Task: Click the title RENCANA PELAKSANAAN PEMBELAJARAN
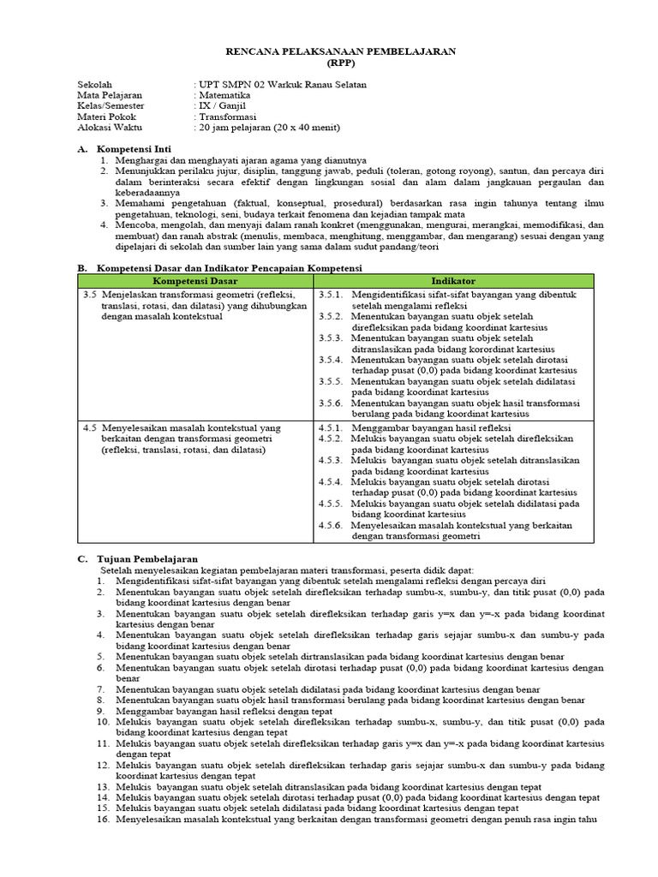point(340,51)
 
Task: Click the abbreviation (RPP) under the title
point(340,63)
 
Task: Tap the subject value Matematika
point(224,96)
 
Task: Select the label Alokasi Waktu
point(112,128)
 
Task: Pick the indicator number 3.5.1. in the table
point(331,294)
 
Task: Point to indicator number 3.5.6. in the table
point(331,403)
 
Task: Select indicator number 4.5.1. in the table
point(331,427)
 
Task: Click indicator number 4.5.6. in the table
point(331,525)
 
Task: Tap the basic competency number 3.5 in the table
point(90,294)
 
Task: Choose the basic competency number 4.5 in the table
point(90,427)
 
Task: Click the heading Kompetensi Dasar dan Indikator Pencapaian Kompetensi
point(230,268)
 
